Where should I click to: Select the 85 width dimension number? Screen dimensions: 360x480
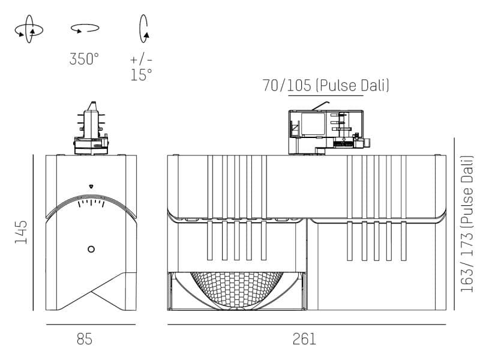(x=85, y=339)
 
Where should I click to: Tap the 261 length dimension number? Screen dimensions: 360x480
(x=304, y=339)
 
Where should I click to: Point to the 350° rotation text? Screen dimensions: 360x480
(x=84, y=59)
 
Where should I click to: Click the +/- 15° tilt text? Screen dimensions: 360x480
(x=142, y=67)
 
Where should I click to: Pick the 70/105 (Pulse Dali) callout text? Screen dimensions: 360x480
(x=326, y=86)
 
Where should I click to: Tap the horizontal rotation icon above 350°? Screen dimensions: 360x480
(x=85, y=28)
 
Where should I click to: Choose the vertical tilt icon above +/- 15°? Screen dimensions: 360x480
(x=144, y=28)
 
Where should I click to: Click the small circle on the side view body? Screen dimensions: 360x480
(x=91, y=249)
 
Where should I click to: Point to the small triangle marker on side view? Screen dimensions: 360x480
(x=91, y=186)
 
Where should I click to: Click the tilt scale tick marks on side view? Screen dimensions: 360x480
(x=91, y=203)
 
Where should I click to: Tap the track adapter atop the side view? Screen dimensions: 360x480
(x=91, y=129)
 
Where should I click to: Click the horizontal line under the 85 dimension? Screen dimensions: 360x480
(x=91, y=325)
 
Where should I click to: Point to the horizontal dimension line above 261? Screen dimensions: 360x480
(x=306, y=325)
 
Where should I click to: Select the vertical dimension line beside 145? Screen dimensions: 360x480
(x=32, y=232)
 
